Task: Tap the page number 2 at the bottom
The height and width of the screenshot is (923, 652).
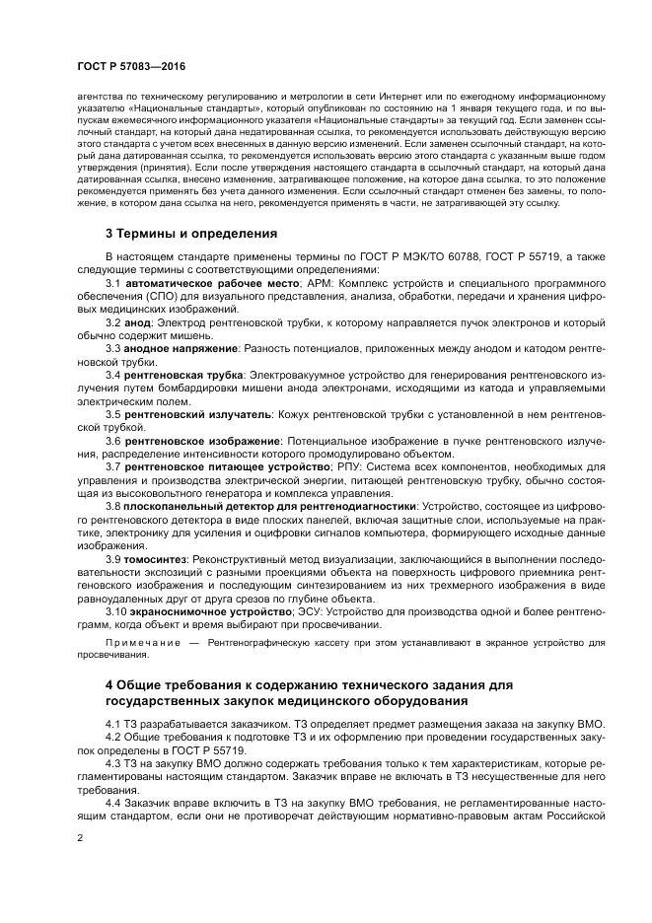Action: click(x=79, y=836)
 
